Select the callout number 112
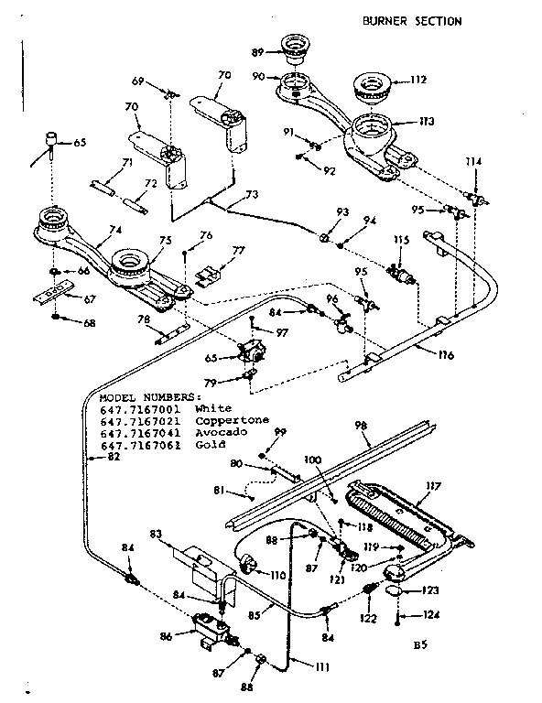tap(418, 80)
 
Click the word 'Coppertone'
tap(233, 420)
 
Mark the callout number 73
tap(251, 194)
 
